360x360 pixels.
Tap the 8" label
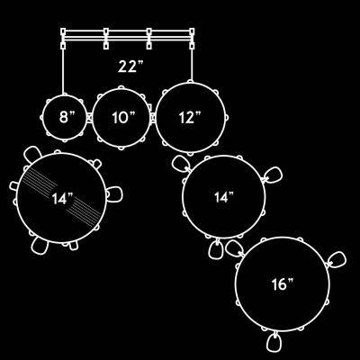coord(67,117)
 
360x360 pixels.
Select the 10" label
coord(123,118)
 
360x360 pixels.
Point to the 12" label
coord(190,117)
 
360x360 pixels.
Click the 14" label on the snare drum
coord(62,198)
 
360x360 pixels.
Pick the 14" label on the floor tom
coord(223,197)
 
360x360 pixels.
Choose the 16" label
coord(283,284)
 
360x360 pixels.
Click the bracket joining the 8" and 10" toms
coord(89,117)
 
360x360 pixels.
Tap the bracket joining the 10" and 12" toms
coord(153,118)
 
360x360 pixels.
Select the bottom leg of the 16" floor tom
coord(274,342)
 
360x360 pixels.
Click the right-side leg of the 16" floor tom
coord(337,260)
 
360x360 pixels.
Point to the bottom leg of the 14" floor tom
coord(216,249)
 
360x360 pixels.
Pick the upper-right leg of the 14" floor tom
coord(273,175)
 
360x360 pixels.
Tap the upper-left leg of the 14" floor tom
coord(181,164)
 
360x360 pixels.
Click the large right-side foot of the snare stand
coord(114,193)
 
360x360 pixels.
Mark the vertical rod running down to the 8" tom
coord(63,71)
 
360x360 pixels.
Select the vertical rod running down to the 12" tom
coord(192,64)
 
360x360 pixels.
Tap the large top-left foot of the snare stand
coord(32,154)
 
